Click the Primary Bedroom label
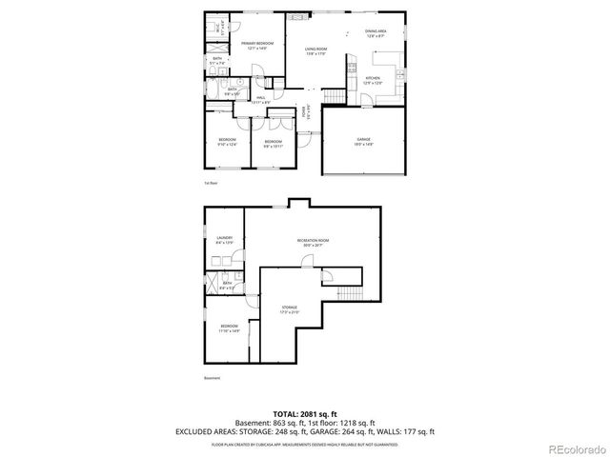pyautogui.click(x=256, y=45)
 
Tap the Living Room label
pyautogui.click(x=316, y=51)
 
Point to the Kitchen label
pyautogui.click(x=373, y=80)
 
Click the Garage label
pyautogui.click(x=363, y=141)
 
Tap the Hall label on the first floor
pyautogui.click(x=260, y=98)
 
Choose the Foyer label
pyautogui.click(x=305, y=112)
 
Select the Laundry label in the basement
pyautogui.click(x=224, y=240)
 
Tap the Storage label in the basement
pyautogui.click(x=289, y=309)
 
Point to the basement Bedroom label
pyautogui.click(x=229, y=328)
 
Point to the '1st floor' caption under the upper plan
pyautogui.click(x=211, y=182)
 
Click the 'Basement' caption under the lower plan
pyautogui.click(x=212, y=378)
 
